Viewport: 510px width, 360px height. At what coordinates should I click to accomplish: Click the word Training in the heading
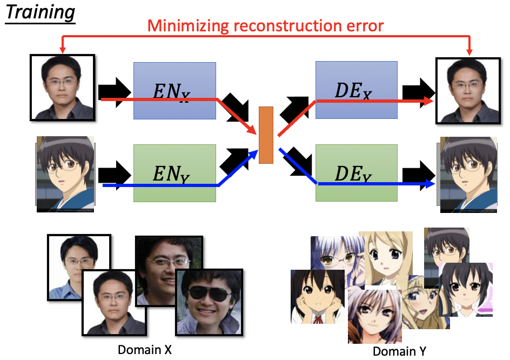pos(41,12)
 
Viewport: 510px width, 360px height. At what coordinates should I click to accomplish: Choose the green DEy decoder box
pos(356,173)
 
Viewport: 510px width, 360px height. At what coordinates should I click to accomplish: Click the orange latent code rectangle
pos(266,135)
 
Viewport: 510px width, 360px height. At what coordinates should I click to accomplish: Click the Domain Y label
pos(399,351)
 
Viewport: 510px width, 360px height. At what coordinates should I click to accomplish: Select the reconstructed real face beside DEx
pos(465,90)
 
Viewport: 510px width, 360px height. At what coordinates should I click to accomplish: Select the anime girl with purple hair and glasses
pos(335,254)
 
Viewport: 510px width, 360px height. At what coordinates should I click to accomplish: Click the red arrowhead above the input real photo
pos(63,50)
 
